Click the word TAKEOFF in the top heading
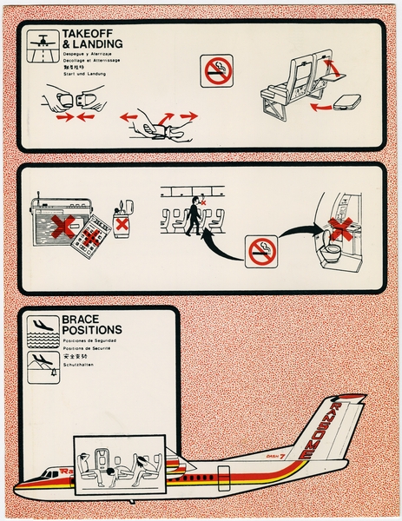[x=83, y=34]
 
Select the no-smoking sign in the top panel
[x=217, y=70]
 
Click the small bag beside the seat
[x=347, y=102]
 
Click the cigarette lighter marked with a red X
[x=123, y=223]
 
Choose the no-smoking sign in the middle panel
[x=262, y=251]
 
